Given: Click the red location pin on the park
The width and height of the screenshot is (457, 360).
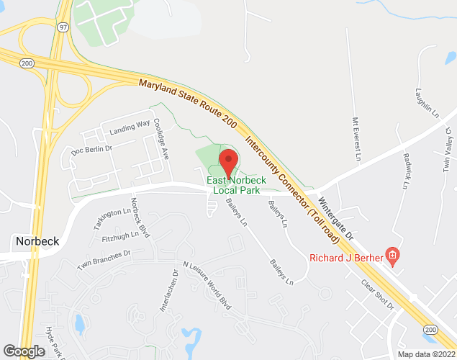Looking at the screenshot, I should click(x=229, y=160).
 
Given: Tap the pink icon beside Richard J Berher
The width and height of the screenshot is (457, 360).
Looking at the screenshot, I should click(x=392, y=254).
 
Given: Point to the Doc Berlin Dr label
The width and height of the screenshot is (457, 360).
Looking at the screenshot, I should click(x=92, y=150).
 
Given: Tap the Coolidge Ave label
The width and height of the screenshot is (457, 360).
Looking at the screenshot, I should click(x=160, y=134).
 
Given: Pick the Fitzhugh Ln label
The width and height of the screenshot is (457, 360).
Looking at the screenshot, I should click(x=120, y=235).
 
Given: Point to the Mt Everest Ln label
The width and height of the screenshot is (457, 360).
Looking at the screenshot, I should click(x=356, y=138).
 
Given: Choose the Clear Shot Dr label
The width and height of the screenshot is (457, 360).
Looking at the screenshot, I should click(x=378, y=294).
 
